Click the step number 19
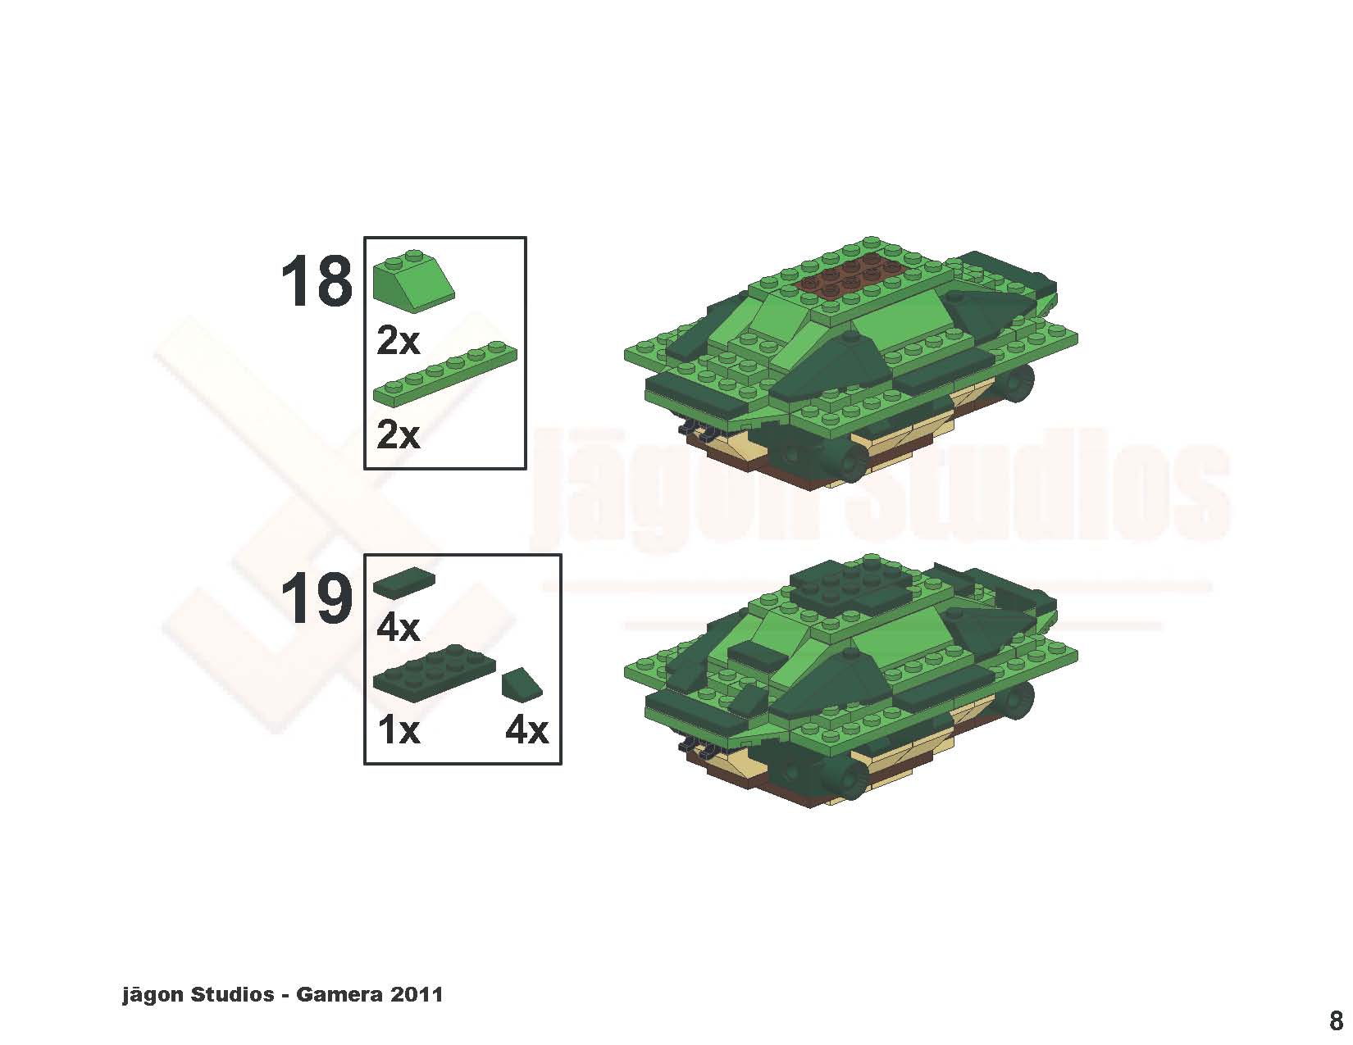click(317, 599)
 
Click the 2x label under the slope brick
click(399, 341)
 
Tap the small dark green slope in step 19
click(522, 684)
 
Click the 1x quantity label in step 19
click(399, 729)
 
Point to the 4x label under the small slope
click(526, 729)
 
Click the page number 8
click(1336, 1020)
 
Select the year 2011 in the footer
click(417, 994)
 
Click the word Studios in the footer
click(232, 994)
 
